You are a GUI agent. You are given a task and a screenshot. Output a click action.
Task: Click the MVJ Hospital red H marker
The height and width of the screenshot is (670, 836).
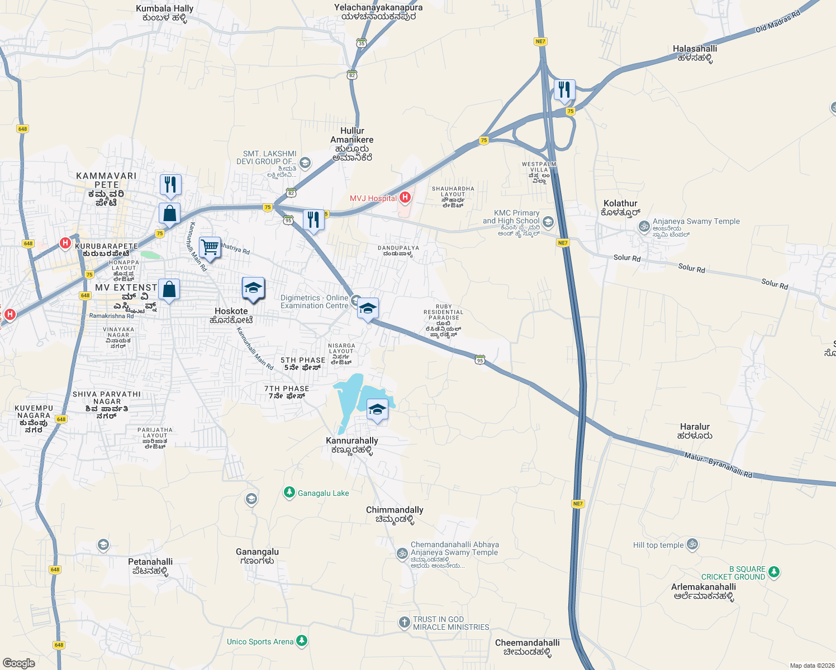pos(405,198)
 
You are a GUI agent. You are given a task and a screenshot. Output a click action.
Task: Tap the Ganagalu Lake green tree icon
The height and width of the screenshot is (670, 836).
pos(289,492)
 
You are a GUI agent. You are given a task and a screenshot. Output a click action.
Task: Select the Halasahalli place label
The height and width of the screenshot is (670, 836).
pos(695,53)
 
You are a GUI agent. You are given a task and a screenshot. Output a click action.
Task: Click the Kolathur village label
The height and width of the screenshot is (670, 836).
pos(620,208)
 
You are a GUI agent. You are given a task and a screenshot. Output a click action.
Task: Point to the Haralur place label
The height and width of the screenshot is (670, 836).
pos(695,431)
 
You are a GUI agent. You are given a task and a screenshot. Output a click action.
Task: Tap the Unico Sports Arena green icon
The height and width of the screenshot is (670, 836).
pos(302,641)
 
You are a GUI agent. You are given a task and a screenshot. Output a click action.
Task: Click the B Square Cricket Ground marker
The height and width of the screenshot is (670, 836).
pos(773,572)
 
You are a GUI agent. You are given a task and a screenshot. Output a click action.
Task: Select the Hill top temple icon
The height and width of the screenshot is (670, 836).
pos(692,544)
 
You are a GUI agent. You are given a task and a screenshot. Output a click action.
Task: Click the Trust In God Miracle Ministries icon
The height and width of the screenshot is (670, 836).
pos(404,623)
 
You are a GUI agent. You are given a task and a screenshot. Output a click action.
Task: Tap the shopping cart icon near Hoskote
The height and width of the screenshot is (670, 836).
pos(210,247)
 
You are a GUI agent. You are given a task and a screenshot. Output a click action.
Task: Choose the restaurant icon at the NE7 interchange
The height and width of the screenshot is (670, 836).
pos(564,90)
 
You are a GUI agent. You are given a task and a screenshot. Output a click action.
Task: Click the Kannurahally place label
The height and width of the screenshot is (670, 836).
pos(352,445)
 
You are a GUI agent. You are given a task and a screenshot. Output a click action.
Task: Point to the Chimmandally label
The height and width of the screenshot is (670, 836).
pos(395,514)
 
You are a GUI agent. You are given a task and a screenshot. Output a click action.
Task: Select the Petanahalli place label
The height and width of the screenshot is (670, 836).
pos(150,566)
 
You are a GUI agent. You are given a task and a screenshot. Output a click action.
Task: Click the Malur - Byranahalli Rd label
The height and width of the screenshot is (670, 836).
pos(718,465)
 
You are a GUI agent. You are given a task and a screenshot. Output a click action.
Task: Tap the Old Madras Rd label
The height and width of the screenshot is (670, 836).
pos(777,22)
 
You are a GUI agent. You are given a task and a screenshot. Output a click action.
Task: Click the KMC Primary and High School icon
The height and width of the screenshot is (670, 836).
pos(548,222)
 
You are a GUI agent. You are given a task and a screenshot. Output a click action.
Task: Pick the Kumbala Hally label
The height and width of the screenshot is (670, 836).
pos(165,13)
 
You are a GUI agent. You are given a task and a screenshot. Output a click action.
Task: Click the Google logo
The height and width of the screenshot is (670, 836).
pos(18,663)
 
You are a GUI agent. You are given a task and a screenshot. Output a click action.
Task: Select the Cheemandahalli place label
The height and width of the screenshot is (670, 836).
pos(527,647)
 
